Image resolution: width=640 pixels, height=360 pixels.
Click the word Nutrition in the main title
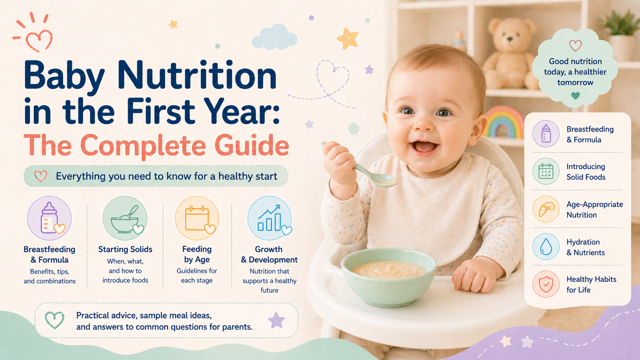tap(197, 75)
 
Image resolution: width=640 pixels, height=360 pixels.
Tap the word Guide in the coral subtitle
tap(251, 146)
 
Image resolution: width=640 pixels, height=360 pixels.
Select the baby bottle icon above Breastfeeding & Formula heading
tap(49, 218)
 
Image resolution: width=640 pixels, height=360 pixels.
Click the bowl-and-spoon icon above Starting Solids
tap(125, 218)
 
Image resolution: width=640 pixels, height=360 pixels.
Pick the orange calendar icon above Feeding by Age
tap(197, 218)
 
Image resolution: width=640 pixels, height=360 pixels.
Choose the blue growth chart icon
tap(269, 218)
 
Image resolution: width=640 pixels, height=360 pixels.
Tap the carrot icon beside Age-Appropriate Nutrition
tap(546, 209)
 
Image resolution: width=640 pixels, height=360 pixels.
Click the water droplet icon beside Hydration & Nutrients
tap(546, 247)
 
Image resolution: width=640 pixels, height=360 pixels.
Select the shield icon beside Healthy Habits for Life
tap(546, 284)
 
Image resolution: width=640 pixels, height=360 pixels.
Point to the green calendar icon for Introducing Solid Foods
tap(546, 171)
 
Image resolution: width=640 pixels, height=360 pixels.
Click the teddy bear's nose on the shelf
tap(509, 39)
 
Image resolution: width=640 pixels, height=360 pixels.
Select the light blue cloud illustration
tap(274, 37)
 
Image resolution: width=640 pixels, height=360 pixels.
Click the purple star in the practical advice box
tap(276, 320)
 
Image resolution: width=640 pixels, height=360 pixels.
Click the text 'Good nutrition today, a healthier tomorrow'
tap(575, 72)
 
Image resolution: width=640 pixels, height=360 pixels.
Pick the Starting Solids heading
tap(125, 249)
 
